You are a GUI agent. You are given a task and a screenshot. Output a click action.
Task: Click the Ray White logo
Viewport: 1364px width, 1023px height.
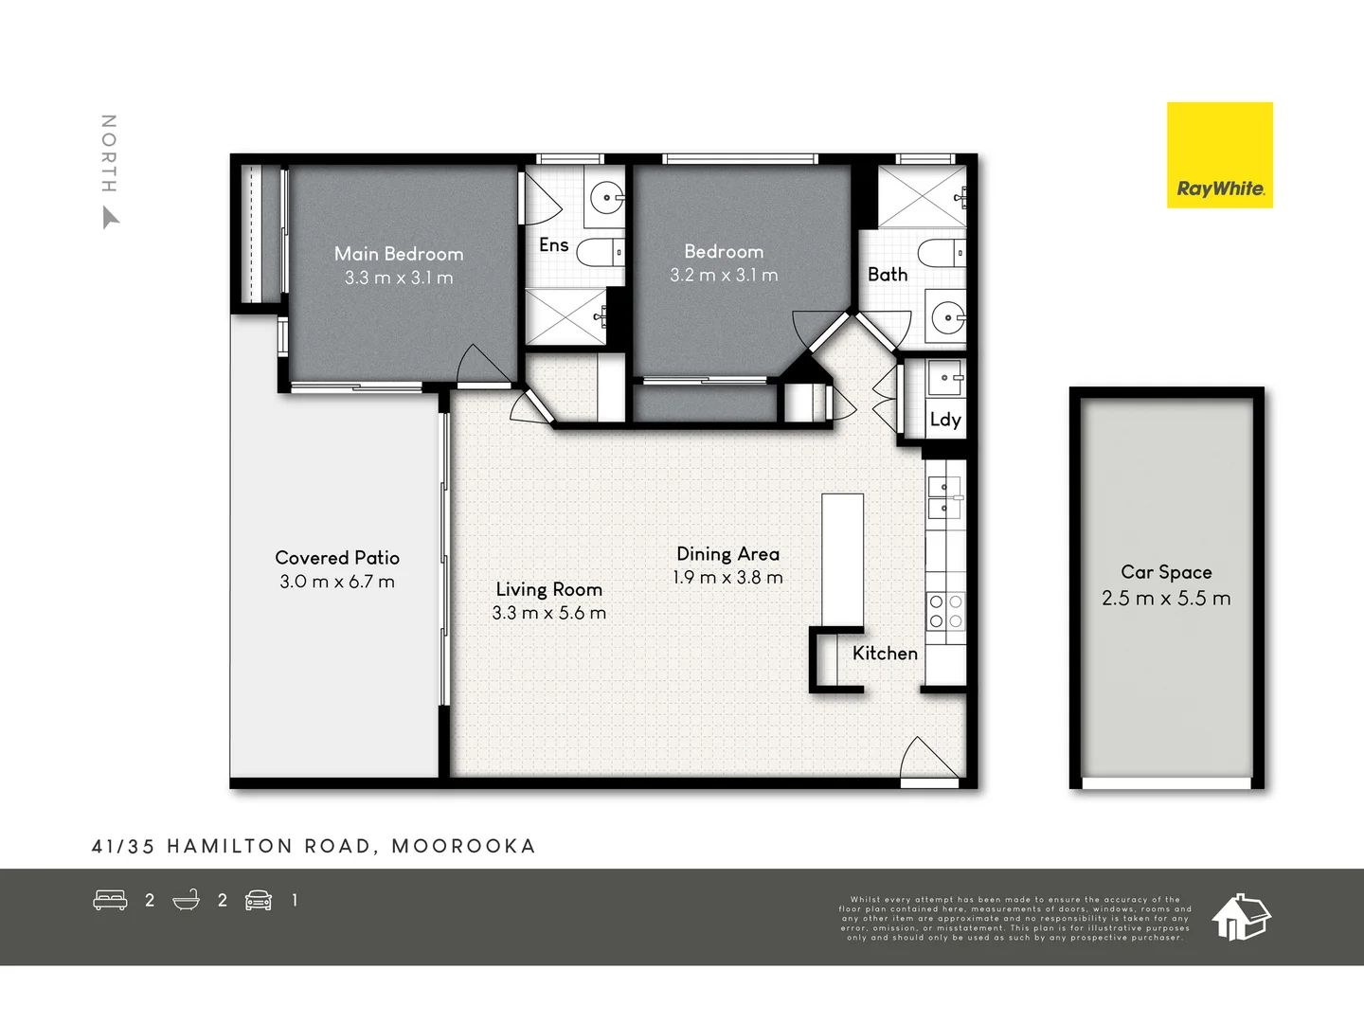1220,155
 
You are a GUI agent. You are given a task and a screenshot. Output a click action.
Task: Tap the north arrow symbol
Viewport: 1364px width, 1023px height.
110,219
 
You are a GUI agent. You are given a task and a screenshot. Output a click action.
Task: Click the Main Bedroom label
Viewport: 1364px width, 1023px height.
399,254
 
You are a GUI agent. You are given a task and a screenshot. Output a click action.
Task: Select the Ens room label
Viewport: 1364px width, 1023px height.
553,245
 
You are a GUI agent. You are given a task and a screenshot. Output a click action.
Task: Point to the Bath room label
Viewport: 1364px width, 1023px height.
888,275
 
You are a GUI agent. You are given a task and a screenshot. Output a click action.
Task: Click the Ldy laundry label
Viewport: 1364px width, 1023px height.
945,420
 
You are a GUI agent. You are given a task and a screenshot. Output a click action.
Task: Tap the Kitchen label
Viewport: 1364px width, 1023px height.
885,654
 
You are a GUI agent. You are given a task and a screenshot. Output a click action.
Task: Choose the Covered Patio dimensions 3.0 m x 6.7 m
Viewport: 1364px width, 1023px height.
337,582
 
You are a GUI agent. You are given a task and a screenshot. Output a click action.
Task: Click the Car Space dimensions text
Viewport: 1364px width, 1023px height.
1166,599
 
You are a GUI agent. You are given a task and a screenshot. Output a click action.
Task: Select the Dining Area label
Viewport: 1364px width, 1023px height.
727,554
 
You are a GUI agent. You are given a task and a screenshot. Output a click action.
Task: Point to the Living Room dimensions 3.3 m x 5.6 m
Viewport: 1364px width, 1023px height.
548,613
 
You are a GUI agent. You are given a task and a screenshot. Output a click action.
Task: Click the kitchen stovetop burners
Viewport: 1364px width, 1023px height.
945,611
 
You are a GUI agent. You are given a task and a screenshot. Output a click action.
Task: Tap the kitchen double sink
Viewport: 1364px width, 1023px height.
944,498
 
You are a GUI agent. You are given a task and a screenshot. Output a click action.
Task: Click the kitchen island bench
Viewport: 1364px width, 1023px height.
842,560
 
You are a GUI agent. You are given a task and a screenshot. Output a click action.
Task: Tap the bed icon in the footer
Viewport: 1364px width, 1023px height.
110,900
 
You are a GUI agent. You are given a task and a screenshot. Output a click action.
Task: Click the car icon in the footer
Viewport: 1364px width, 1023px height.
259,900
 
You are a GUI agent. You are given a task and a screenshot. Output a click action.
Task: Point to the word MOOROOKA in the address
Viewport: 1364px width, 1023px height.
463,846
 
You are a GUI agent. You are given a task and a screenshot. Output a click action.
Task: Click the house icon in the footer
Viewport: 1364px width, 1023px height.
1241,916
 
